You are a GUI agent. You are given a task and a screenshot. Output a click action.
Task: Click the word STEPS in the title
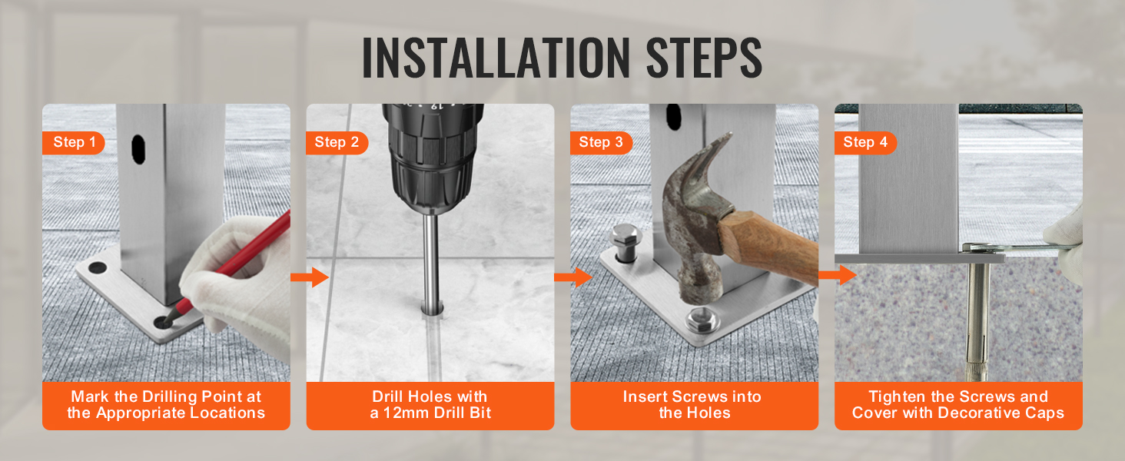[694, 58]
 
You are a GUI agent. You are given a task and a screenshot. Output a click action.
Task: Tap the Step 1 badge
[75, 142]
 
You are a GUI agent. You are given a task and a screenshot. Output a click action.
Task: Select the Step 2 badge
[337, 142]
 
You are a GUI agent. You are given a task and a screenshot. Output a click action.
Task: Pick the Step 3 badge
[601, 142]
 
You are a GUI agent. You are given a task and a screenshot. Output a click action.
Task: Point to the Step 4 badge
[865, 142]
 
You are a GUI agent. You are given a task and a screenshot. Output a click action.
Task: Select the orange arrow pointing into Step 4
[838, 274]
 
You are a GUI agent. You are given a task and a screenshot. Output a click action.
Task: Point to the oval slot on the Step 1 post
[139, 147]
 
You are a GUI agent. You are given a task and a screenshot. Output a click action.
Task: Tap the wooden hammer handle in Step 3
[768, 246]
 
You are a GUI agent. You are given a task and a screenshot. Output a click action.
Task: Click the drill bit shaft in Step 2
[432, 261]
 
